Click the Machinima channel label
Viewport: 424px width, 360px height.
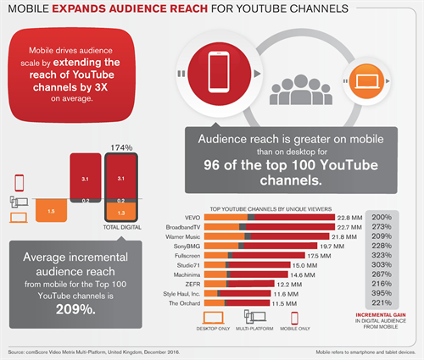pos(187,275)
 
